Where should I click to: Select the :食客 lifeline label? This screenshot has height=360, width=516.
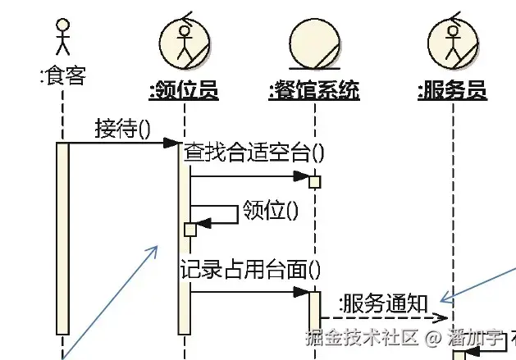62,77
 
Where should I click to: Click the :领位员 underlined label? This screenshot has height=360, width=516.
184,90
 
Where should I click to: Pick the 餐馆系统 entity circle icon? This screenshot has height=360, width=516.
314,45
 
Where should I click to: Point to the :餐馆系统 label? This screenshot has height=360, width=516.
314,90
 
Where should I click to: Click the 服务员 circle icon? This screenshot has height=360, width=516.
452,42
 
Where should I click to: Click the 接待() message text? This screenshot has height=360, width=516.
123,129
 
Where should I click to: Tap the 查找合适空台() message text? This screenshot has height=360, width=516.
253,152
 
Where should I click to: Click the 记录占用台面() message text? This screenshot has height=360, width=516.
250,268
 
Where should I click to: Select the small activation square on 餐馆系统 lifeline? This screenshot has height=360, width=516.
314,180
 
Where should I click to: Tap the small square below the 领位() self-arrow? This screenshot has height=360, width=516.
190,229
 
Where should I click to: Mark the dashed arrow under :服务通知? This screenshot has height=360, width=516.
386,317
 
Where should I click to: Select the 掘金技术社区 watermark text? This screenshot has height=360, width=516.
362,337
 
